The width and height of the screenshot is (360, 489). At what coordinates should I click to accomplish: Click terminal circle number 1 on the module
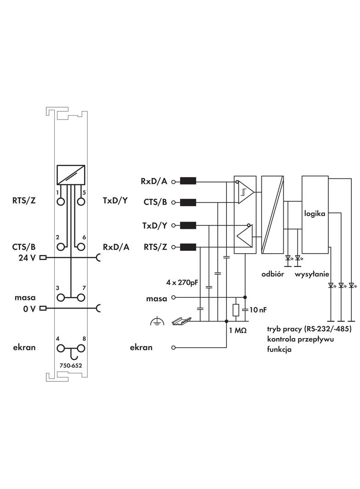tap(61, 201)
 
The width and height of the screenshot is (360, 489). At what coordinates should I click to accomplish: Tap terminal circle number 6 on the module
tap(81, 247)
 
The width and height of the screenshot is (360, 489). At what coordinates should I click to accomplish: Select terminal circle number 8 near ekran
tap(81, 348)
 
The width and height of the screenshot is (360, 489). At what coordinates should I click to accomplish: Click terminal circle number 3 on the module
tap(61, 297)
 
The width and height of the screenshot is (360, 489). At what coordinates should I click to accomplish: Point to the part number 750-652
tap(71, 366)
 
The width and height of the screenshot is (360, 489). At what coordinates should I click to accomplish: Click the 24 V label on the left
tap(27, 257)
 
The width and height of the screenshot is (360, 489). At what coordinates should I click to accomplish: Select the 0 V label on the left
tap(29, 308)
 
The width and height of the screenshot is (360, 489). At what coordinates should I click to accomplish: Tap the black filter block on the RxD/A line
tap(188, 181)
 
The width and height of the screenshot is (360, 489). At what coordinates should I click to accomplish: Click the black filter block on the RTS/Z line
tap(188, 248)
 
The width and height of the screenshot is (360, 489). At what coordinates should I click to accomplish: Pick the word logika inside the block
tap(315, 213)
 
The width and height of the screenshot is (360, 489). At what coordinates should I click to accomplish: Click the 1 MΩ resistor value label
tap(237, 330)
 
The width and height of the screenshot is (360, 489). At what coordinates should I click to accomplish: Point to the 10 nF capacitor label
tap(257, 310)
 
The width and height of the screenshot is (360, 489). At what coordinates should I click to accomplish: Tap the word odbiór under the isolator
tap(273, 274)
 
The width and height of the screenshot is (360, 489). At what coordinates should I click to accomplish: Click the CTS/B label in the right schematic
tap(156, 202)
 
